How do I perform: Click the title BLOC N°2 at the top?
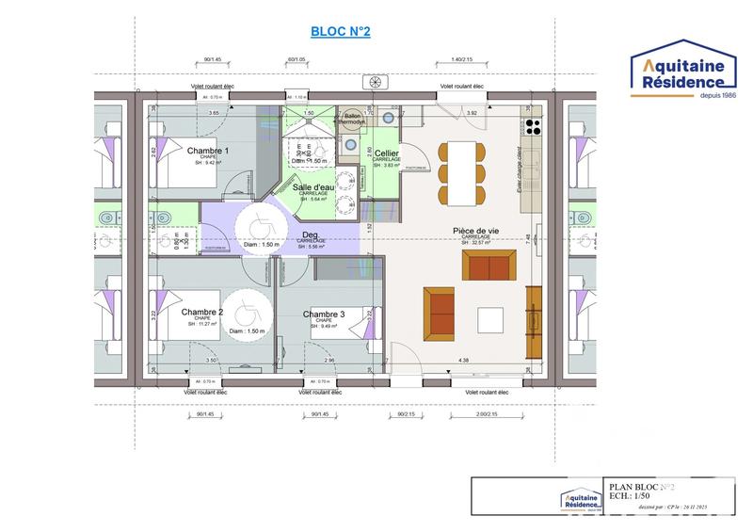click(340, 32)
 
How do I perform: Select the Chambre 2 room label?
click(202, 312)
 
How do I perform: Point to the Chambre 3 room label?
click(323, 314)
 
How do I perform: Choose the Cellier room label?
click(387, 153)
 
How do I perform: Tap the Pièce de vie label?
click(476, 231)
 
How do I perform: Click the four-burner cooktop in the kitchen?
click(534, 127)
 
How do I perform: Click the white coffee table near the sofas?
click(491, 321)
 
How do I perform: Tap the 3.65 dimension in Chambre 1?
click(214, 114)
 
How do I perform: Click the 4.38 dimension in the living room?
click(463, 361)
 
